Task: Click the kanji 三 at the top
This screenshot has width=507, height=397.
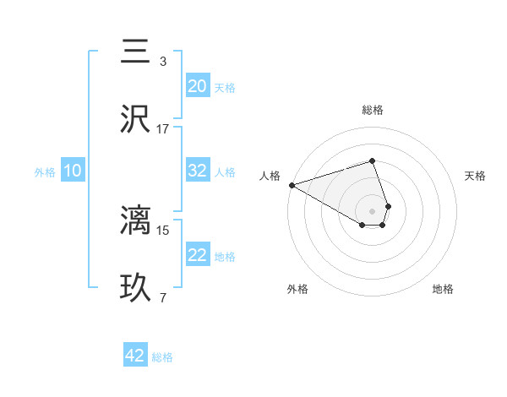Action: [x=136, y=52]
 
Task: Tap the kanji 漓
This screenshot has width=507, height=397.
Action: [x=136, y=220]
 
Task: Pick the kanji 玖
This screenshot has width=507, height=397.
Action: [x=136, y=288]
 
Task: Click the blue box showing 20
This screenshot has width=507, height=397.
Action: [x=198, y=85]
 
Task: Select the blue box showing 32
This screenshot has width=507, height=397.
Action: [x=198, y=170]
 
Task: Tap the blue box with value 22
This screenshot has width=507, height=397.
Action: [x=198, y=255]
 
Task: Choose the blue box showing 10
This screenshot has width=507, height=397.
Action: [x=72, y=171]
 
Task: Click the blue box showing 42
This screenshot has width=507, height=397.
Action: [x=135, y=356]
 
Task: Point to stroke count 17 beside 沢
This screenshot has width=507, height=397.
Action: [x=163, y=128]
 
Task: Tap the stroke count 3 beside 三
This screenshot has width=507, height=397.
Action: [x=163, y=61]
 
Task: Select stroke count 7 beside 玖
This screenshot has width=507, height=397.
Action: [x=163, y=297]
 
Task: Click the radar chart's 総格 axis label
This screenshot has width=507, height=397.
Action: [x=373, y=110]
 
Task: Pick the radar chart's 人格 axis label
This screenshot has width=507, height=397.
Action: [x=270, y=176]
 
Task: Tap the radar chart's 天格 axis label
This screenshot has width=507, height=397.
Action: [x=476, y=176]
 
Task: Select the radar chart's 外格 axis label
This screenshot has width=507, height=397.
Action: [x=297, y=289]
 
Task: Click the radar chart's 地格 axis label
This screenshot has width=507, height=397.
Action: [x=443, y=289]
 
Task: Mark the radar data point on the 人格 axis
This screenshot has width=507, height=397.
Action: [x=292, y=185]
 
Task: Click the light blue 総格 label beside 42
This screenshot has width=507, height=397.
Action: [x=162, y=357]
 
